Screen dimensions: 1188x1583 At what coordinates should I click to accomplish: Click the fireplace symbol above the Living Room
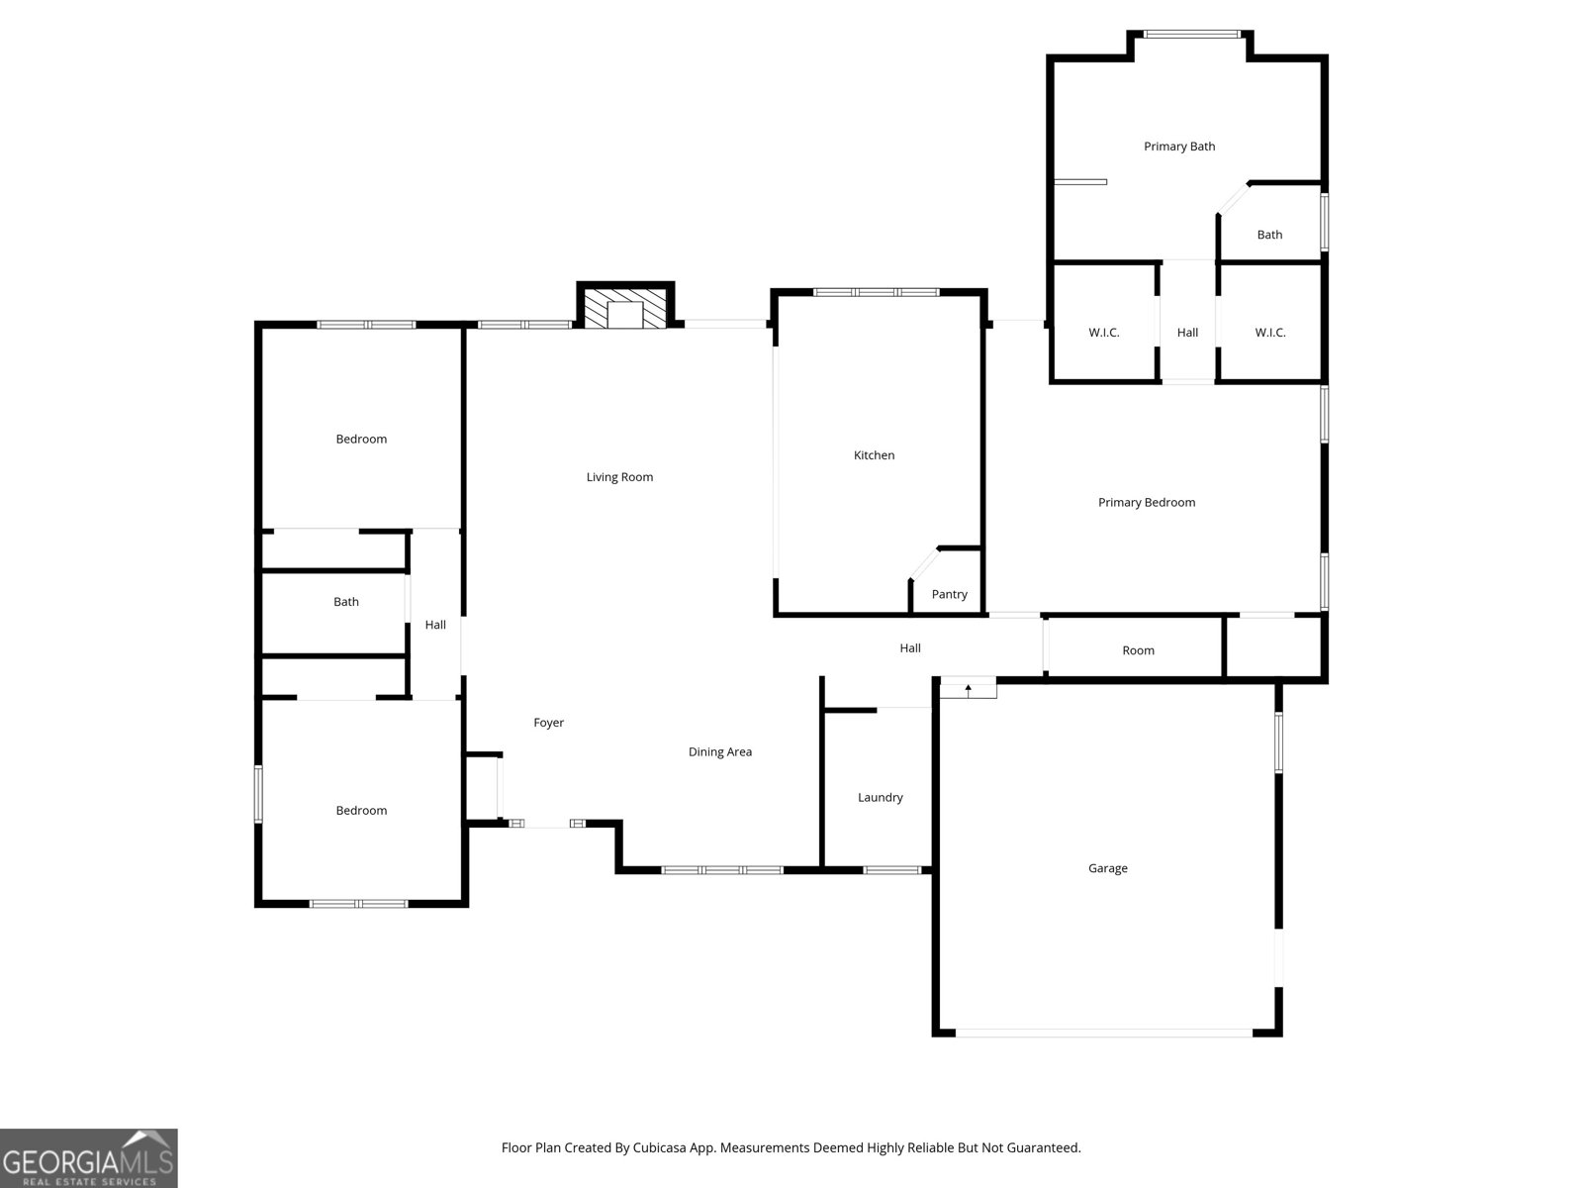click(625, 309)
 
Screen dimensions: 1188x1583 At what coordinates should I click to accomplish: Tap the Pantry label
click(949, 594)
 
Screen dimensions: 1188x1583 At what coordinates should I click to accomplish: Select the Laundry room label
click(880, 797)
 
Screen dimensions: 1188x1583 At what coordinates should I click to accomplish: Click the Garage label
click(1107, 868)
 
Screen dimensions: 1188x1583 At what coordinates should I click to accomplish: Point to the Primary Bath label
click(1179, 147)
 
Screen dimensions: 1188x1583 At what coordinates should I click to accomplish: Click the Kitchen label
click(874, 455)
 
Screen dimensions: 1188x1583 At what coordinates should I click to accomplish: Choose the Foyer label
click(548, 723)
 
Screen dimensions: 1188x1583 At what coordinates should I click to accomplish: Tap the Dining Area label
click(719, 751)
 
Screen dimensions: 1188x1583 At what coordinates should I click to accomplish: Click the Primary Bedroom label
click(1146, 502)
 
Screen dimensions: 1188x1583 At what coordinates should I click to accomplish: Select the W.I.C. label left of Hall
click(1103, 333)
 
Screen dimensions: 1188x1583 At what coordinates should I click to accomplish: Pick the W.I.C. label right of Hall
click(1269, 333)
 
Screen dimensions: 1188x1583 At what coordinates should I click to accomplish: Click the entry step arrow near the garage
click(968, 688)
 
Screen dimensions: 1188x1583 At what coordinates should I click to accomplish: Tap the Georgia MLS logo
click(88, 1157)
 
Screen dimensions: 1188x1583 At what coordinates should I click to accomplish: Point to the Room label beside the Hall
click(1138, 650)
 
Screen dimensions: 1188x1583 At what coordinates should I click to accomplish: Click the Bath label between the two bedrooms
click(345, 602)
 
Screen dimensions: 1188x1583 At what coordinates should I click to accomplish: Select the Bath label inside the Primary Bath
click(1269, 235)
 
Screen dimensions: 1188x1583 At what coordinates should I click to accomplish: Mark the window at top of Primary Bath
click(1191, 35)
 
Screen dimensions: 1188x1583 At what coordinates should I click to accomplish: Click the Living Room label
click(619, 477)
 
